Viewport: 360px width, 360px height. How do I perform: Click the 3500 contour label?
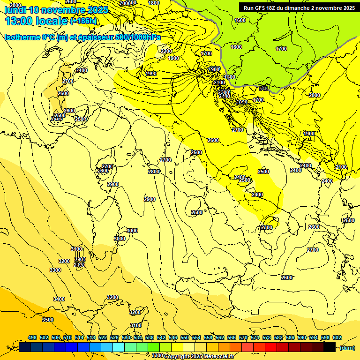(48, 320)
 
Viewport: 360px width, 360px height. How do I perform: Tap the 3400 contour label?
(59, 299)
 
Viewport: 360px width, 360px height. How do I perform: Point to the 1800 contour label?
(154, 3)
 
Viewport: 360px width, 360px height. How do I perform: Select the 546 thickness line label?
(263, 88)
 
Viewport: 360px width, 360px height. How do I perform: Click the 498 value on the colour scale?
(32, 338)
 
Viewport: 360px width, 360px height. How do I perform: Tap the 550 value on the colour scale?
(184, 338)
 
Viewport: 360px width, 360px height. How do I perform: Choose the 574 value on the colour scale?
(254, 338)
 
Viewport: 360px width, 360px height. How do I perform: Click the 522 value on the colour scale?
(102, 338)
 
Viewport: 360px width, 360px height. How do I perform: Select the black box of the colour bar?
(330, 347)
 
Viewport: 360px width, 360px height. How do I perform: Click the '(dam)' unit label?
(347, 347)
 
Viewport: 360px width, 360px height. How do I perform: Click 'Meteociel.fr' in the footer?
(225, 356)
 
